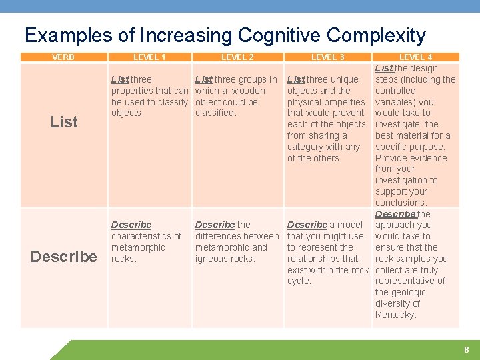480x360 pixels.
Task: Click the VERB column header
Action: pos(63,57)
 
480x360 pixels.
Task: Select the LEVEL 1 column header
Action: pos(150,57)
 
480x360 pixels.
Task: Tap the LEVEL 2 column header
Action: pos(237,57)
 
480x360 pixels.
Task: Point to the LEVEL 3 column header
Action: pos(328,57)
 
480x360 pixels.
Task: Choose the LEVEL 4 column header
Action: pos(415,57)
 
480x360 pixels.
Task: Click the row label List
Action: pos(64,122)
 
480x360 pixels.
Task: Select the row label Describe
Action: pos(64,256)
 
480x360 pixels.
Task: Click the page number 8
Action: pos(467,349)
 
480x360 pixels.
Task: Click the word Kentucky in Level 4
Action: pos(395,315)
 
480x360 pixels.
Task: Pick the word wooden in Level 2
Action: pos(248,91)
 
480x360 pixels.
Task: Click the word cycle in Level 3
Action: pos(299,281)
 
